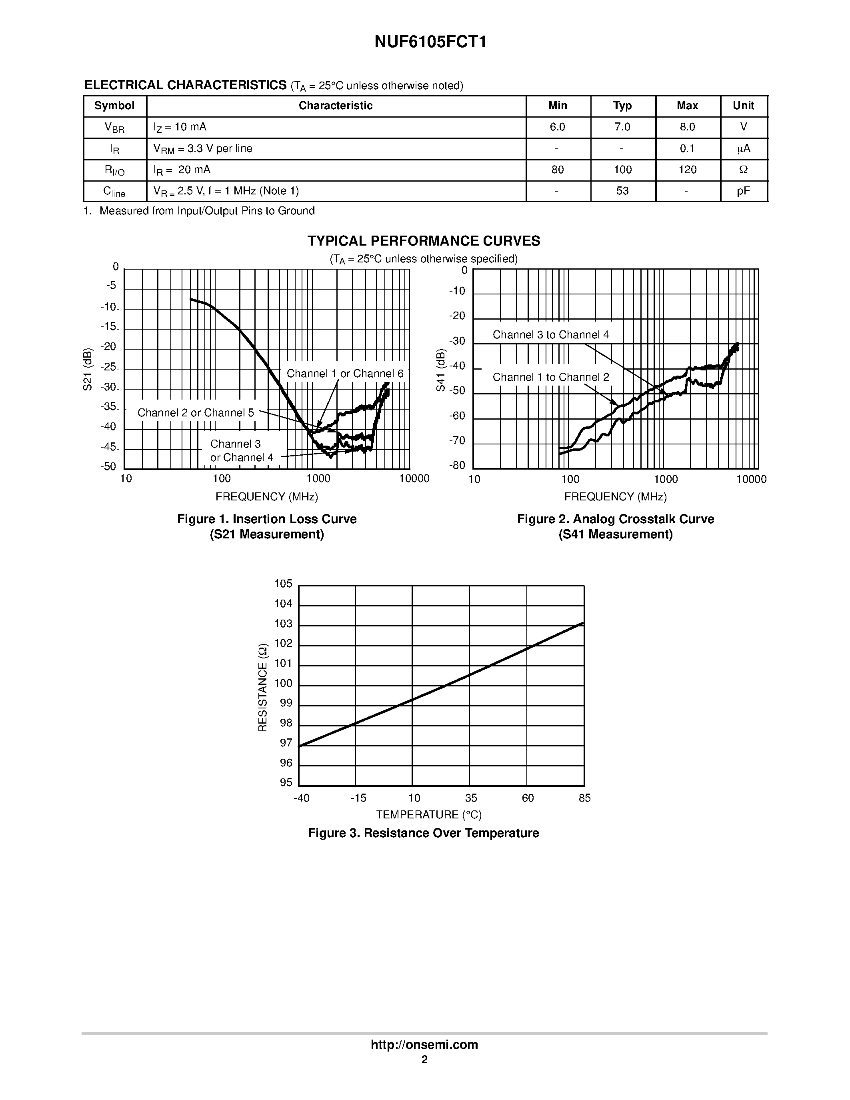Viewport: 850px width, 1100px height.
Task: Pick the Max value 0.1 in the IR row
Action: pos(687,148)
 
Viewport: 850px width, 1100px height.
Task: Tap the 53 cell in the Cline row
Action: pos(622,191)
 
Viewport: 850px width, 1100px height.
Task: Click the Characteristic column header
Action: pos(335,106)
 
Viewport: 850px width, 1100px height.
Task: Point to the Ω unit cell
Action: pos(743,170)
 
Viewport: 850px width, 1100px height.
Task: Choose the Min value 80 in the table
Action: pos(558,170)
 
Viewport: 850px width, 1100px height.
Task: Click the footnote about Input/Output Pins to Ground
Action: pos(200,211)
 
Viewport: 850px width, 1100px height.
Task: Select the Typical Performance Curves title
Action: pos(424,241)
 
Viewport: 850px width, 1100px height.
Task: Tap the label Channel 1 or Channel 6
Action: pos(345,374)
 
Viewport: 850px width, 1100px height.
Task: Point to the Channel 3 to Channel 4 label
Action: pos(550,335)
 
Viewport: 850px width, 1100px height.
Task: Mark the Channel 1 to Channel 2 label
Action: pos(550,377)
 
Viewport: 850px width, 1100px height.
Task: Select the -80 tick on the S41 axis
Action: pos(457,465)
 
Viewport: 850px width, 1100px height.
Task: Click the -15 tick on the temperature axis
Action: pos(358,798)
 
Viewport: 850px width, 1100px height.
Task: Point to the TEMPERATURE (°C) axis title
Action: pos(428,815)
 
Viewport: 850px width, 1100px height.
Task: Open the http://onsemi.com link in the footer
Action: pos(424,1044)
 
